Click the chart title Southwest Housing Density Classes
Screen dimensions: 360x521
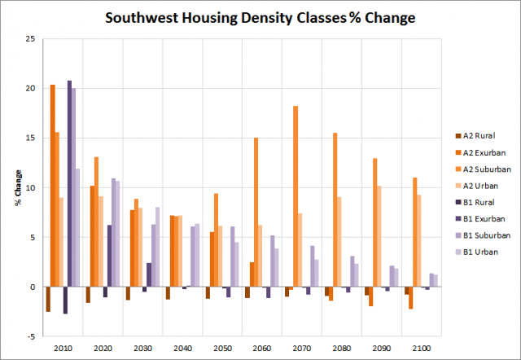[x=260, y=16]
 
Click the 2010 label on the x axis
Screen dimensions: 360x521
[x=62, y=348]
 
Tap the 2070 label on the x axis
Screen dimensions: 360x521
[x=301, y=348]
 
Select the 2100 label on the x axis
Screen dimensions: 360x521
[x=421, y=348]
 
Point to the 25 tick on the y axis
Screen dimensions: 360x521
[x=30, y=39]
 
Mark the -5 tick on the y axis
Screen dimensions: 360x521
[x=30, y=336]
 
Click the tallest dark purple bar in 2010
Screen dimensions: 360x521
[x=69, y=184]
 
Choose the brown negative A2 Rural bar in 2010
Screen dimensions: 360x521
[x=48, y=299]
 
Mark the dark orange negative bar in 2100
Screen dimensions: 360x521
[x=411, y=298]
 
